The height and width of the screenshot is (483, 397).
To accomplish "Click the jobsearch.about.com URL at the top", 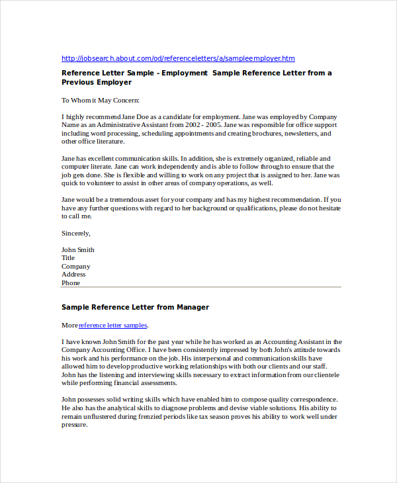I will (x=178, y=58).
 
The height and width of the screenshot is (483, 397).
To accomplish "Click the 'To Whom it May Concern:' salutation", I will (x=101, y=101).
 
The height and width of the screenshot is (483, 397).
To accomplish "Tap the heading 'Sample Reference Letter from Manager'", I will (x=135, y=307).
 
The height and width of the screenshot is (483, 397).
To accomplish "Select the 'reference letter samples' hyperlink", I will (x=113, y=326).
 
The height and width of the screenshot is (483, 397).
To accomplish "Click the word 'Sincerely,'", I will (x=76, y=233).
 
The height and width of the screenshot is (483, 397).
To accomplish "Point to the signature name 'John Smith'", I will (x=78, y=249).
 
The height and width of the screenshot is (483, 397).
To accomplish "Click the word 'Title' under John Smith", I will (x=68, y=258).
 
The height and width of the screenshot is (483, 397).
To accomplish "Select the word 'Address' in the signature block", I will (x=73, y=275).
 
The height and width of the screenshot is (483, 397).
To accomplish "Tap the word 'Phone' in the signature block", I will (x=71, y=283).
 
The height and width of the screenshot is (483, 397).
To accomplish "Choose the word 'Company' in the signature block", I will (x=75, y=267).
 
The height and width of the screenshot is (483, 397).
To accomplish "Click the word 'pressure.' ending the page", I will (x=75, y=425).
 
